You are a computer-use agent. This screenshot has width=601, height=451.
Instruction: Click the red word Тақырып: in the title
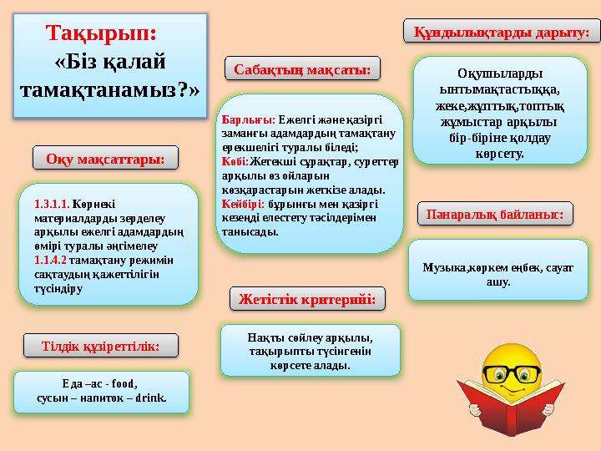coord(100,34)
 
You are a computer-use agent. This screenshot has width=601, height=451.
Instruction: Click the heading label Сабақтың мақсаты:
coord(302,68)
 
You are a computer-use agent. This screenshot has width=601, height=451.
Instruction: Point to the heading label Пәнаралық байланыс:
coord(495,214)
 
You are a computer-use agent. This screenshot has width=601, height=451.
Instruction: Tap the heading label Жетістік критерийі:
coord(302,297)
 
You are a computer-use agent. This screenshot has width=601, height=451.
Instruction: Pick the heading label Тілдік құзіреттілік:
coord(101,343)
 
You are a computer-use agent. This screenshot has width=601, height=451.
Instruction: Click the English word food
coord(124,384)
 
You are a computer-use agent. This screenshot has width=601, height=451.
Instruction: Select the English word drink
coord(150,398)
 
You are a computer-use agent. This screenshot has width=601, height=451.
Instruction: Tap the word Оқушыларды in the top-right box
coord(499,73)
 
